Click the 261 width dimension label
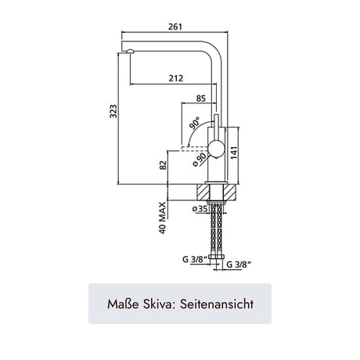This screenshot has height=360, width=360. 175,27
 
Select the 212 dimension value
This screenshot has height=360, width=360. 176,78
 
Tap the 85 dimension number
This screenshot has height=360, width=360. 201,99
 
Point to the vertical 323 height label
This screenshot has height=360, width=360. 113,111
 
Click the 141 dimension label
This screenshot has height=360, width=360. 234,153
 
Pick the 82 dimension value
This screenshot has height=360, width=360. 163,165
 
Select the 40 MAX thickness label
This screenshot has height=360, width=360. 162,218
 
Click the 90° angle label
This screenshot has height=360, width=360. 195,123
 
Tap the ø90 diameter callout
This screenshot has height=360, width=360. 200,160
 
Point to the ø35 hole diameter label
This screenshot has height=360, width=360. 200,209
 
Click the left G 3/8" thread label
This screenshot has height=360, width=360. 195,259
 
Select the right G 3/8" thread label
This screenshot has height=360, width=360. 239,265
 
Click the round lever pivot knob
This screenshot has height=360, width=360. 216,149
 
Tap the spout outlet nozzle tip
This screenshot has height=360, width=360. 130,52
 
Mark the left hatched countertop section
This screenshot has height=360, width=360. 203,193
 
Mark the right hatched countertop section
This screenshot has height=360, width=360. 230,193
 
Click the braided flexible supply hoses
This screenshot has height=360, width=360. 217,229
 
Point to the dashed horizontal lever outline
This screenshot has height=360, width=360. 195,149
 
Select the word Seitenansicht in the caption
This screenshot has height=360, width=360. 217,304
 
